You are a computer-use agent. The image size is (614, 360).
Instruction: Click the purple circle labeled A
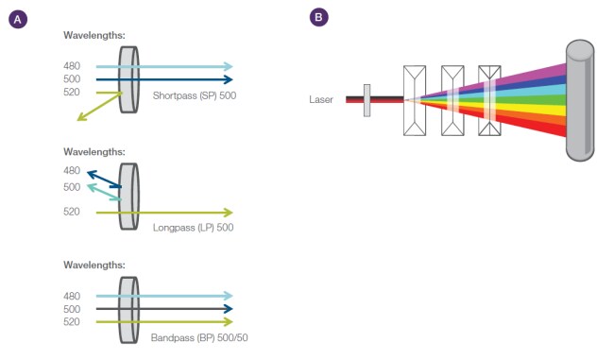click(18, 19)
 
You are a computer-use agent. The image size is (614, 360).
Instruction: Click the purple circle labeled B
click(318, 17)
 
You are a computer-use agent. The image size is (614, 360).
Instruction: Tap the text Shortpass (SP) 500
click(195, 95)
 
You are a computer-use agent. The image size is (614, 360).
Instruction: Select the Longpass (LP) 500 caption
click(193, 228)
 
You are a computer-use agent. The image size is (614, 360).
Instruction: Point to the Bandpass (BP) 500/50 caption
click(199, 337)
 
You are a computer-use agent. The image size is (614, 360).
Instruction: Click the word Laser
click(321, 99)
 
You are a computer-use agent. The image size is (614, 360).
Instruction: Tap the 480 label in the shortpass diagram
click(72, 66)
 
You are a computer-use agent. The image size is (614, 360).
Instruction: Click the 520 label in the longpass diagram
click(72, 212)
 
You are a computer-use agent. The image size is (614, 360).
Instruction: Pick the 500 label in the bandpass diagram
click(72, 309)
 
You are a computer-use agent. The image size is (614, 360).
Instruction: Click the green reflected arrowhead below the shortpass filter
click(81, 116)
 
